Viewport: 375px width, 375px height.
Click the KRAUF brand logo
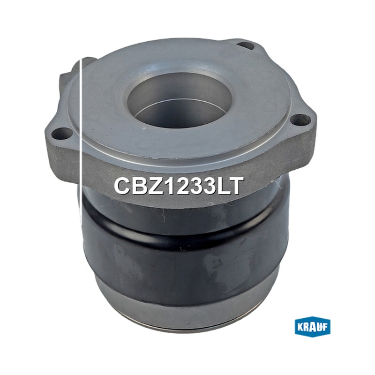click(x=312, y=328)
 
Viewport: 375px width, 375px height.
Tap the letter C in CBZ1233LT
click(x=122, y=186)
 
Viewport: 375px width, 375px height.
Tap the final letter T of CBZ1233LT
click(x=235, y=186)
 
